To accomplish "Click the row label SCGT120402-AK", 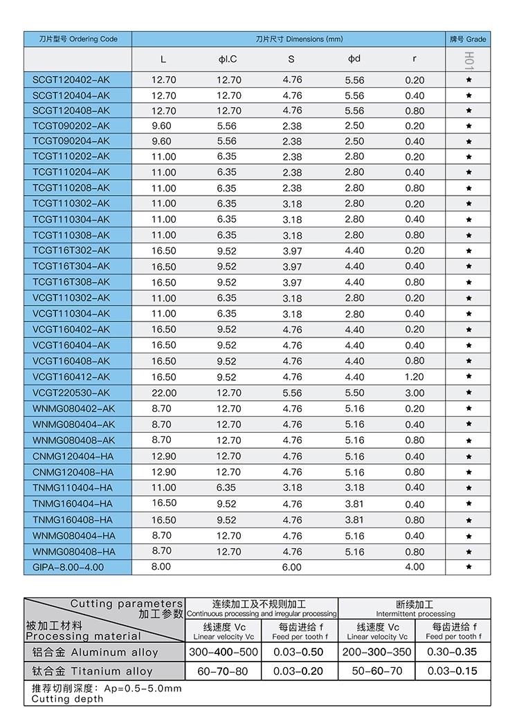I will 71,80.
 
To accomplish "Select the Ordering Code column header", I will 78,39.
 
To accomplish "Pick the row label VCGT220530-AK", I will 71,393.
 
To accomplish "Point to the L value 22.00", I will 164,393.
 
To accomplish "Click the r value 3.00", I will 415,393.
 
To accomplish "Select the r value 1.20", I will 415,377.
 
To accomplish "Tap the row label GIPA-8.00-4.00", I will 68,567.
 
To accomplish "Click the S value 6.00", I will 292,567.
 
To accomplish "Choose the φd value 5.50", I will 354,393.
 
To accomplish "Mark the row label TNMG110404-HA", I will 73,488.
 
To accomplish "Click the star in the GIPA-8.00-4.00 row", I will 469,567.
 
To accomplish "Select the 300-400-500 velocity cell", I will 224,652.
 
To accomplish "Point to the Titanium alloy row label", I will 93,671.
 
